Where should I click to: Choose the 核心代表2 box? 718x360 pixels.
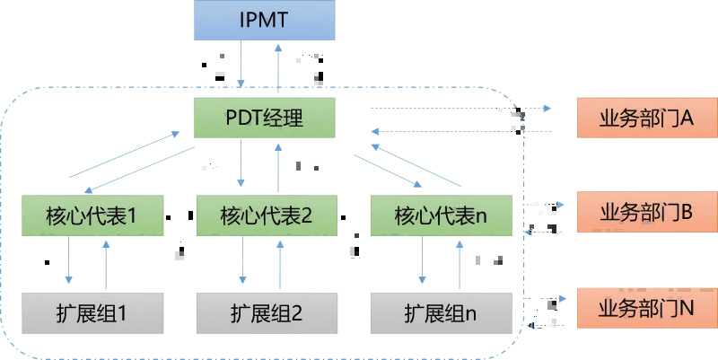pyautogui.click(x=265, y=216)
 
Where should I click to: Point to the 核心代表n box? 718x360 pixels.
pyautogui.click(x=440, y=216)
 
